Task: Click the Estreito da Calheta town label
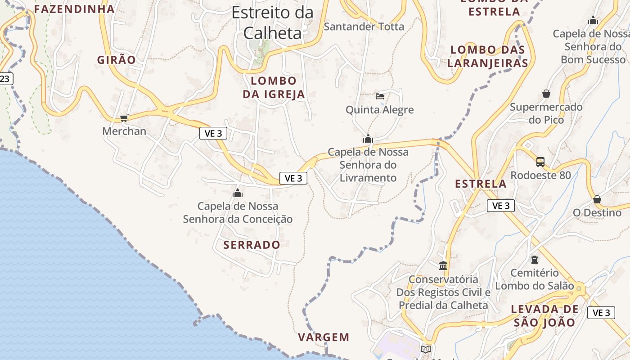[272, 22]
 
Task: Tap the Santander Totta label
[364, 27]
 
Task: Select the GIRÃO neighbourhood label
[116, 60]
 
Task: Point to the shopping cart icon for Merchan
[124, 118]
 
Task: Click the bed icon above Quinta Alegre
[380, 96]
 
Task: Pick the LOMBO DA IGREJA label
[274, 88]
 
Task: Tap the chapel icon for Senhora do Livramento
[368, 139]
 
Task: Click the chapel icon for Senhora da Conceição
[237, 193]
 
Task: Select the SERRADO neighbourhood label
[252, 245]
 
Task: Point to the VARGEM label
[324, 337]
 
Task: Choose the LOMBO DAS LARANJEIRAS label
[488, 56]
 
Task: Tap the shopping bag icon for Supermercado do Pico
[546, 94]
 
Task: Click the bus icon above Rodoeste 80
[540, 162]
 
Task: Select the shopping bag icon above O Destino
[597, 199]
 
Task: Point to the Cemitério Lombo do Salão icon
[534, 260]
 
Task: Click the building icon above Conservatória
[443, 265]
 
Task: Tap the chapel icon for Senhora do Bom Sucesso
[593, 20]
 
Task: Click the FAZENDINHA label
[74, 9]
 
